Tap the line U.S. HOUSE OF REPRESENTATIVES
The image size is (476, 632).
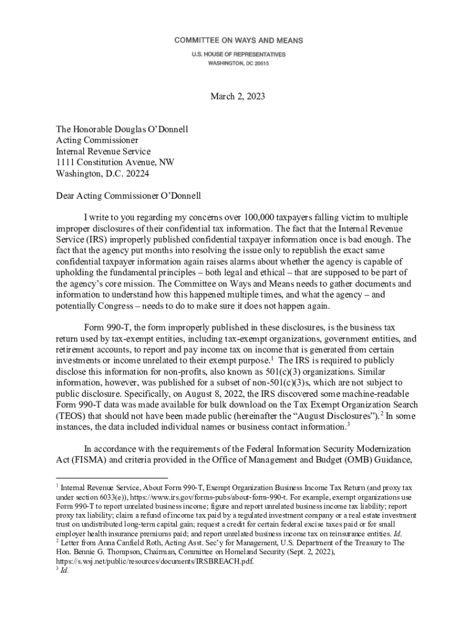coord(238,54)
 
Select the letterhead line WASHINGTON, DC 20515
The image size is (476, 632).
coord(238,63)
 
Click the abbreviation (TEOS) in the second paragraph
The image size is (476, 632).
coord(71,416)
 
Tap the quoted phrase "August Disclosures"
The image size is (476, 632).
coord(334,416)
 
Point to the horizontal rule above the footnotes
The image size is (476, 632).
coord(111,478)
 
